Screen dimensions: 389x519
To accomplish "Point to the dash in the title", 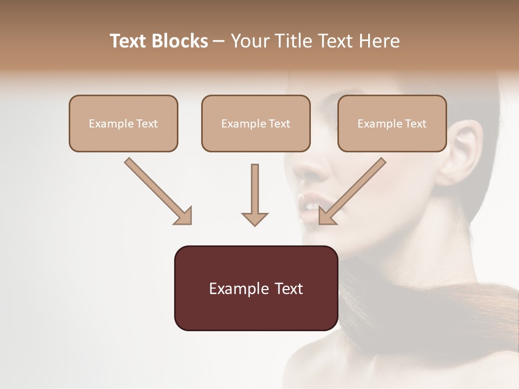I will click(219, 42).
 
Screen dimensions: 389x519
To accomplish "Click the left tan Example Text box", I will click(123, 123).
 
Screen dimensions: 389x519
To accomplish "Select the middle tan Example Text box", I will click(256, 123).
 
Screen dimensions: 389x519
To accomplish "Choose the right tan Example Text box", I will click(392, 123).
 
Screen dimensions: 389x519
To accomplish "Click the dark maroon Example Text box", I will click(256, 288).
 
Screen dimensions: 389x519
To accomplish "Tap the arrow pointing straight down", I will click(255, 194).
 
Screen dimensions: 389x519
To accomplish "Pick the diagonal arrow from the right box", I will click(352, 191).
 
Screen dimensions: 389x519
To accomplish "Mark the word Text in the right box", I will click(416, 124).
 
